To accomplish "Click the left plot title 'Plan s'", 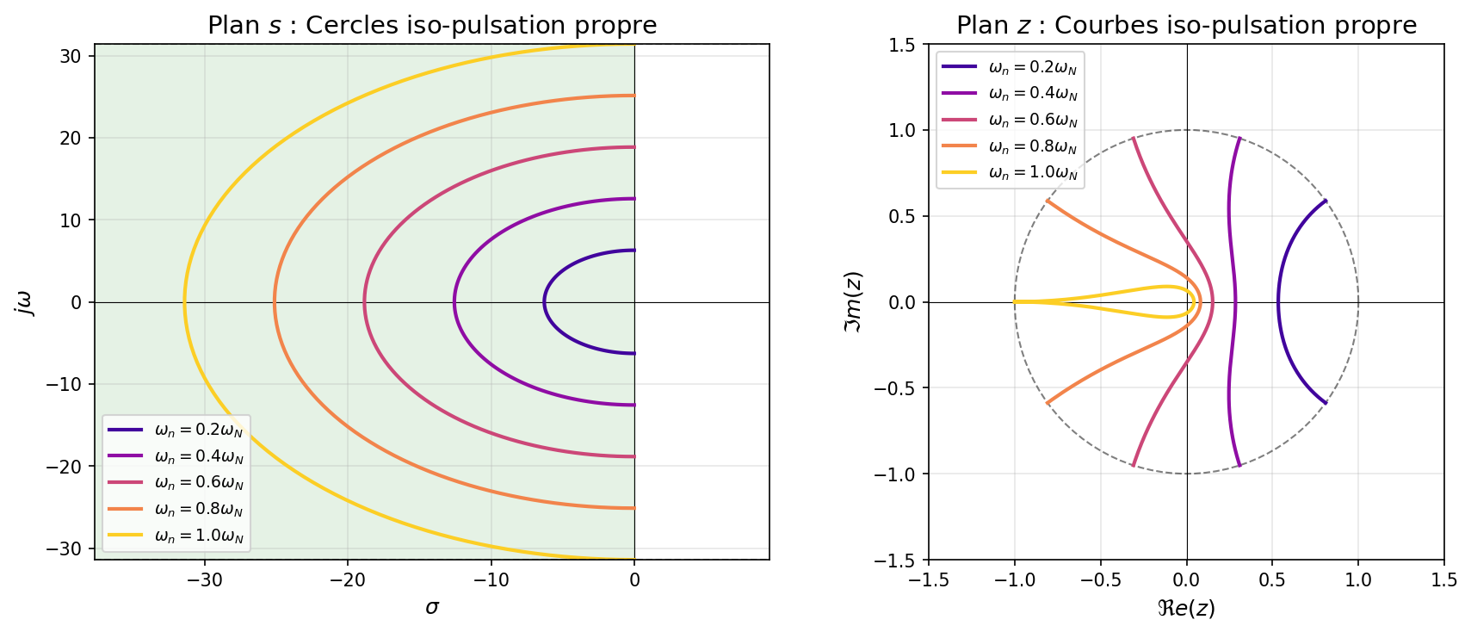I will click(x=432, y=25).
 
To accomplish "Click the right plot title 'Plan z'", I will click(x=1186, y=25).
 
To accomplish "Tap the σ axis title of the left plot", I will click(x=432, y=608).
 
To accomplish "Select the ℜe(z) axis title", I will click(x=1186, y=609).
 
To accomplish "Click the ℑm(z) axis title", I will click(x=855, y=302).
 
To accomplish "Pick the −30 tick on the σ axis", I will click(x=205, y=580).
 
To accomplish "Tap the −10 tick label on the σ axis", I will click(x=491, y=580).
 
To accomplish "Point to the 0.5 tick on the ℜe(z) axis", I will click(x=1272, y=580).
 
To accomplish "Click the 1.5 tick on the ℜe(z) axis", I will click(x=1443, y=580).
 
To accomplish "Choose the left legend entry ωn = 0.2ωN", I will click(x=199, y=431).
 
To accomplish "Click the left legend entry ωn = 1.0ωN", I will click(x=199, y=536).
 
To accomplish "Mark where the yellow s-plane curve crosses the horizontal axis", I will click(x=184, y=302).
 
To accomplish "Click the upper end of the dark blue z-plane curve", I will click(x=1326, y=201).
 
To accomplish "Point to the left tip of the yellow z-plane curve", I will click(x=1016, y=302).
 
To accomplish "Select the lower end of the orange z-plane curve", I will click(x=1048, y=403).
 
